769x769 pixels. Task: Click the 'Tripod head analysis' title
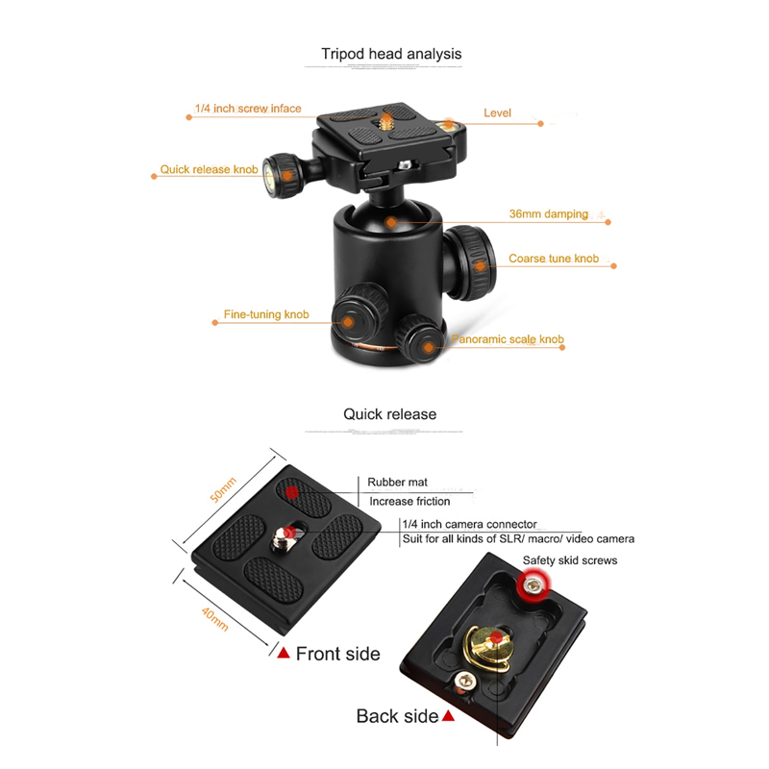tap(391, 54)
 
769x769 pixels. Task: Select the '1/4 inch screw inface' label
tap(248, 109)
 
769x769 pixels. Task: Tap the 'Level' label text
tap(497, 112)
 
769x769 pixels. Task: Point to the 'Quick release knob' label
tap(209, 169)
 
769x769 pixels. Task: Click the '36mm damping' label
tap(548, 213)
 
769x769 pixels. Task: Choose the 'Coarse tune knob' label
tap(554, 259)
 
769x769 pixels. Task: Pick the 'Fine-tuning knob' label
tap(265, 314)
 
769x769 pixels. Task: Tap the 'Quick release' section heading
tap(389, 414)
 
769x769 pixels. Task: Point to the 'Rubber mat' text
tap(398, 483)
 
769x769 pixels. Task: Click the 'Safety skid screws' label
tap(569, 560)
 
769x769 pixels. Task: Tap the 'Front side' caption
tap(337, 654)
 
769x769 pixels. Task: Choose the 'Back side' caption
tap(397, 716)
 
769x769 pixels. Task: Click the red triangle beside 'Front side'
tap(284, 654)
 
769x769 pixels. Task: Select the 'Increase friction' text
tap(409, 501)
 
